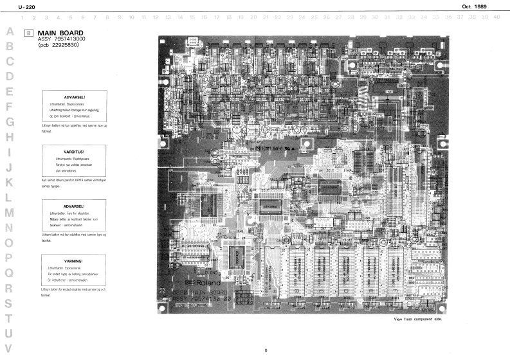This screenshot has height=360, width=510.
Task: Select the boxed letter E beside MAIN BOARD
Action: coord(28,32)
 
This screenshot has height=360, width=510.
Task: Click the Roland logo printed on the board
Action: coord(203,283)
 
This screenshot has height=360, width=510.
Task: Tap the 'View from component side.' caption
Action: coord(418,319)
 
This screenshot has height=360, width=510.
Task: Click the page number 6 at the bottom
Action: coord(265,350)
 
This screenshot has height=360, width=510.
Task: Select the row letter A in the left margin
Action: coord(9,31)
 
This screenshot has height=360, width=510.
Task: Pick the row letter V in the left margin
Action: coord(9,350)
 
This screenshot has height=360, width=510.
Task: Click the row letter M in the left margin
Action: coord(9,212)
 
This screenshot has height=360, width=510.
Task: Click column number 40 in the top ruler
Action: coord(497,17)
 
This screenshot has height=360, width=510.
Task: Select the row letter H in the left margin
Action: coord(9,137)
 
